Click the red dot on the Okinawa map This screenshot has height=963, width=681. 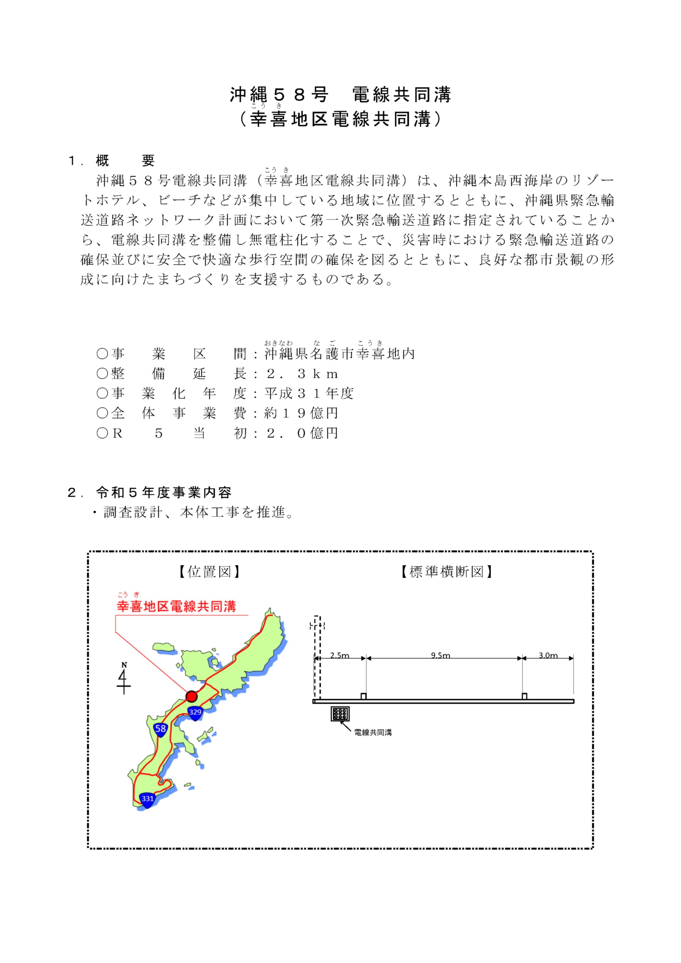pos(192,696)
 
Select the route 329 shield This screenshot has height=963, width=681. pos(195,712)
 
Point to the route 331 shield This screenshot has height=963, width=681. pos(147,799)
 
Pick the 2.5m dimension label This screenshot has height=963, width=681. pos(340,655)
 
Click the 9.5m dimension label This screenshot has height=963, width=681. pos(441,655)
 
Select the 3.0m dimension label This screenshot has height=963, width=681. pos(548,655)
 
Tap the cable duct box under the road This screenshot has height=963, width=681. pos(340,714)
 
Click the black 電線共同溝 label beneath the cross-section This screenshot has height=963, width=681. pos(373,733)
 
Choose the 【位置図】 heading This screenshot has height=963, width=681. pos(209,572)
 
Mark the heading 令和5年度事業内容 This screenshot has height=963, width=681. pos(164,493)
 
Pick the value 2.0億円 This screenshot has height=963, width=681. pos(301,433)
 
